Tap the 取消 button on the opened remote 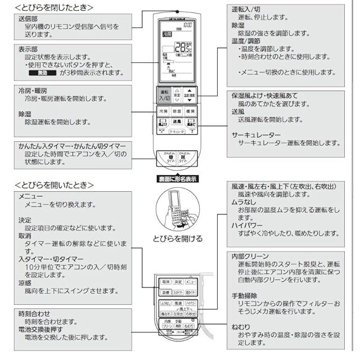165,281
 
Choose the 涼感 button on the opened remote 165,292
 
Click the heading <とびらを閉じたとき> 53,7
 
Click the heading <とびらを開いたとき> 53,184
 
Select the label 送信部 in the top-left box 28,19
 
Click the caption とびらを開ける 177,238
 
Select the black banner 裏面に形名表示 177,179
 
